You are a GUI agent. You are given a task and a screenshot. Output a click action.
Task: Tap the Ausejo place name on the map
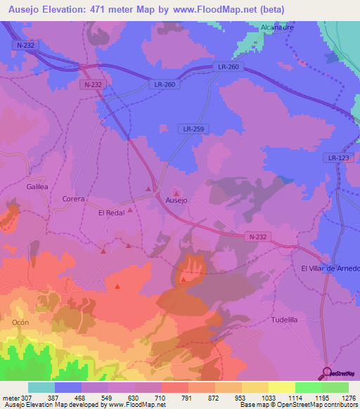176,200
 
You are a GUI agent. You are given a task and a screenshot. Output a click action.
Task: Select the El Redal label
112,212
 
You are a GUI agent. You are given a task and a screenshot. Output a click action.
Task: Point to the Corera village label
73,199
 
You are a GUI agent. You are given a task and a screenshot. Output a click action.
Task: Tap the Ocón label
20,321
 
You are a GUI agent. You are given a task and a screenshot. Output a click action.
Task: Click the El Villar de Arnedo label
330,268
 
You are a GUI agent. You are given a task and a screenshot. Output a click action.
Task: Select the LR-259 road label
193,129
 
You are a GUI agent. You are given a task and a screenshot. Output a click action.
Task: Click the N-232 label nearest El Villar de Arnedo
257,237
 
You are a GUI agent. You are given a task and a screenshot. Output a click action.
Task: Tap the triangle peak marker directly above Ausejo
176,192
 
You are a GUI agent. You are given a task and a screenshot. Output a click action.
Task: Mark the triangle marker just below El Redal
130,220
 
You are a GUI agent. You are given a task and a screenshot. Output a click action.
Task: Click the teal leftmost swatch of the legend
41,387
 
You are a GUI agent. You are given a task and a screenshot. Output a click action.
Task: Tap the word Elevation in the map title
65,10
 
